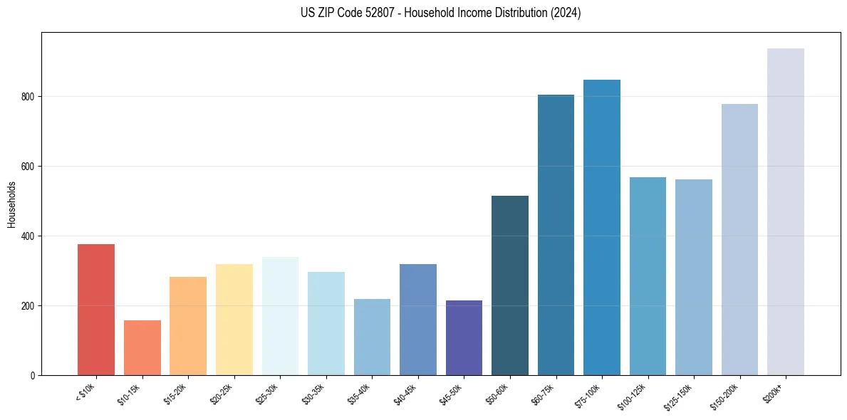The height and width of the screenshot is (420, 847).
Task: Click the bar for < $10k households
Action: click(x=96, y=310)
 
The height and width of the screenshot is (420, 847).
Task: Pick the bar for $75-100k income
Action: click(x=602, y=227)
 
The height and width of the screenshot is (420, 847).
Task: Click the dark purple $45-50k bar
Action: click(x=464, y=337)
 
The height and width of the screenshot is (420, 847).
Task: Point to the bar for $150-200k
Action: click(x=739, y=239)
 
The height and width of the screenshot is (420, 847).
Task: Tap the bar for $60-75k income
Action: click(x=556, y=235)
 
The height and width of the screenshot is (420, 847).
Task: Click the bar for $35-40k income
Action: click(x=372, y=337)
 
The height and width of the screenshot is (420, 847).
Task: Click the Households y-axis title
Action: click(x=11, y=204)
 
